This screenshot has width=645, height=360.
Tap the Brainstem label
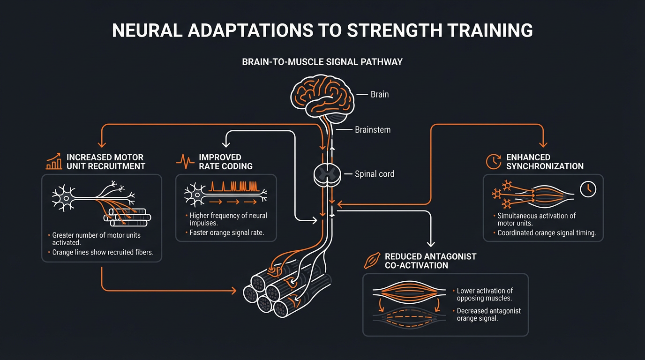pyautogui.click(x=373, y=130)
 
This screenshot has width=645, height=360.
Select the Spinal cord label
pyautogui.click(x=375, y=174)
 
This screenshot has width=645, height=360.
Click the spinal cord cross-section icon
pyautogui.click(x=325, y=174)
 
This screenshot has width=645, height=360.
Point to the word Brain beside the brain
pyautogui.click(x=379, y=94)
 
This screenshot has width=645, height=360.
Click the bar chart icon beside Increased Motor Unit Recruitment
pyautogui.click(x=54, y=161)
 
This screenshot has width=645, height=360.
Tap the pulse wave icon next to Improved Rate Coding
pyautogui.click(x=185, y=162)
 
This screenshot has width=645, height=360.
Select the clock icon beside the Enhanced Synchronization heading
pyautogui.click(x=494, y=161)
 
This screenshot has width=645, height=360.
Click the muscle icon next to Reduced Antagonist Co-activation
pyautogui.click(x=372, y=261)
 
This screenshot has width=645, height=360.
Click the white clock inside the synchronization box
pyautogui.click(x=588, y=189)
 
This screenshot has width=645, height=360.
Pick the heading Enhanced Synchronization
pyautogui.click(x=545, y=162)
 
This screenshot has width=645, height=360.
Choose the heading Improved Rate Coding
pyautogui.click(x=225, y=162)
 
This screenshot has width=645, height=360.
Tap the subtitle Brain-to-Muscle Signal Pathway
pyautogui.click(x=322, y=62)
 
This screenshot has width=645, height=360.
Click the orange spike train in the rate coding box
pyautogui.click(x=234, y=186)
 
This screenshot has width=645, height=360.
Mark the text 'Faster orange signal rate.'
pyautogui.click(x=226, y=232)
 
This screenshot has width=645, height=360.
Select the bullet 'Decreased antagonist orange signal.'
pyautogui.click(x=488, y=315)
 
